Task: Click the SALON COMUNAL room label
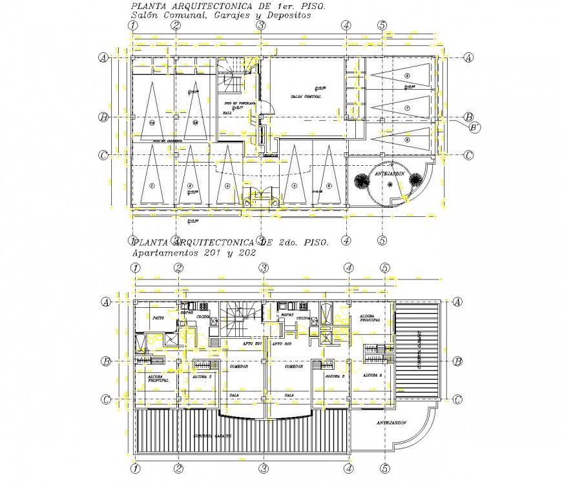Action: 306,97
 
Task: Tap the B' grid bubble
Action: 475,128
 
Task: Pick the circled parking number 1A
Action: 152,122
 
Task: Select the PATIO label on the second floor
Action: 157,318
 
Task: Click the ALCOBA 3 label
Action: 373,375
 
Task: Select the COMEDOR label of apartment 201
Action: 231,367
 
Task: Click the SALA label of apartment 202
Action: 289,395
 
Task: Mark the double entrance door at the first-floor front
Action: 261,195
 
